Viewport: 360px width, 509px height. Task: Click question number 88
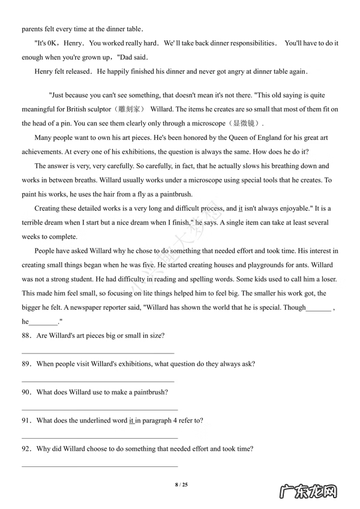pos(26,336)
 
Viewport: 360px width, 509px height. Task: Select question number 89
pos(26,364)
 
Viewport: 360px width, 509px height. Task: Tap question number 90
pos(26,392)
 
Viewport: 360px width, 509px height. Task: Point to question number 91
pos(26,420)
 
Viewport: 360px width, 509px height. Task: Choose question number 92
pos(26,448)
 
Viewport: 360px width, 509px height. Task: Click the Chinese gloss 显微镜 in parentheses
pos(245,124)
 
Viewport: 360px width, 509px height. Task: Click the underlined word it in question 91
pos(131,420)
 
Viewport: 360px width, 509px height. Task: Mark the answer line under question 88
pos(98,353)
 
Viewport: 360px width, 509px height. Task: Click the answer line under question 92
pos(100,466)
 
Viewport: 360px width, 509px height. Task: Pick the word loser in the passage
pos(327,279)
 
